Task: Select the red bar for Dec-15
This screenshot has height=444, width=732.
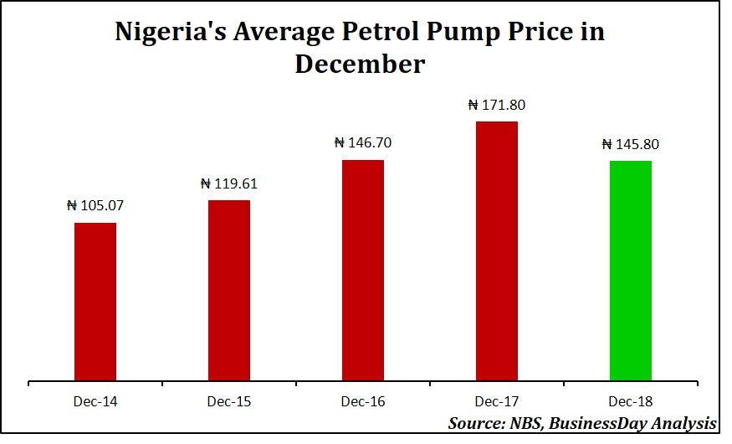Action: tap(229, 291)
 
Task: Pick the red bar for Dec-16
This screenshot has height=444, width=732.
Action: tap(363, 271)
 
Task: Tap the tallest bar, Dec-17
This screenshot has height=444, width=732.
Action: tap(497, 251)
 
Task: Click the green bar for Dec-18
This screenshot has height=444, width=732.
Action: tap(631, 271)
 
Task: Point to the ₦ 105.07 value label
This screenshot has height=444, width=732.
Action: tap(95, 205)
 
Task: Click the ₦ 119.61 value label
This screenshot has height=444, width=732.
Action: tap(229, 183)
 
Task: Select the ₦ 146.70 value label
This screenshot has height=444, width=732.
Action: tap(363, 142)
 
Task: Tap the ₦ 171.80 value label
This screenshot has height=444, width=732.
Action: tap(497, 105)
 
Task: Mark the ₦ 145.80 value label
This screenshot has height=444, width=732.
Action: tap(631, 144)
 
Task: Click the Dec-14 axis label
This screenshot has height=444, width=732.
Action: tap(95, 402)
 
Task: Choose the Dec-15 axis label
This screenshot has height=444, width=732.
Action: tap(229, 402)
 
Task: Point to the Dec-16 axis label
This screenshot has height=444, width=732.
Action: tap(363, 402)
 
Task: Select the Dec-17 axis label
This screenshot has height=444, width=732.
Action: tap(497, 402)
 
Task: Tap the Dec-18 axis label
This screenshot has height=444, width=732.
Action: tap(631, 402)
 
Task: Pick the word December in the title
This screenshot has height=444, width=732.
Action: tap(360, 64)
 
